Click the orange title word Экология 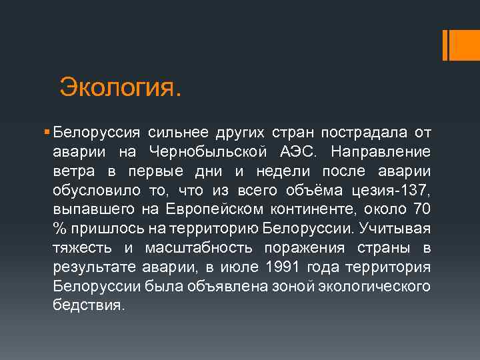(120, 86)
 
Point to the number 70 (422, 209)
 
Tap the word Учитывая (395, 229)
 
